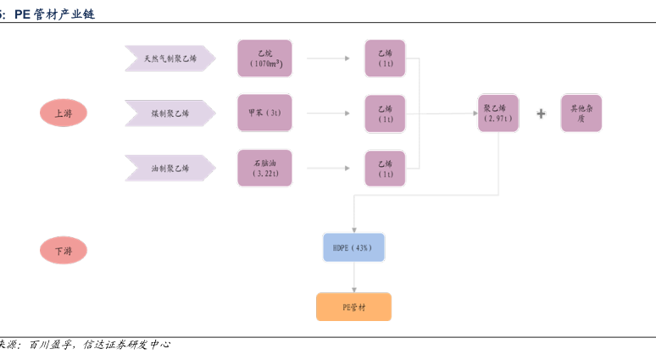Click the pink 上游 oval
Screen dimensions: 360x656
point(64,113)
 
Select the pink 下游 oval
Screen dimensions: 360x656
point(64,251)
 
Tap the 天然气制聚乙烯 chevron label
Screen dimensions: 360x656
point(170,58)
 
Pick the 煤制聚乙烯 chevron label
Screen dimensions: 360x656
point(170,113)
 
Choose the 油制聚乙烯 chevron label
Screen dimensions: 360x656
point(170,168)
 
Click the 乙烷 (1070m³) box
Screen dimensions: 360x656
point(264,58)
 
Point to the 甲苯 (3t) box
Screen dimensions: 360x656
point(264,113)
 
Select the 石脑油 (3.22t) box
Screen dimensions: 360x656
point(264,168)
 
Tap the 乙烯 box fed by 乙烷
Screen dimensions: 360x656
point(385,58)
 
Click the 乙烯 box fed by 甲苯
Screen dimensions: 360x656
point(385,113)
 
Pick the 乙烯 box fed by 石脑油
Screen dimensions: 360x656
point(385,168)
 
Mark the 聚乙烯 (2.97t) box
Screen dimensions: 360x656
point(498,113)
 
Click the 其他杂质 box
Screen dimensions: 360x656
point(581,113)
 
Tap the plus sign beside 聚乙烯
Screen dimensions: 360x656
point(541,113)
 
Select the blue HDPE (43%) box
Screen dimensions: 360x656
point(353,247)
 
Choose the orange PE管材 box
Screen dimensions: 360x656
point(353,307)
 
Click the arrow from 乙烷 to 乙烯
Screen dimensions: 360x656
point(329,58)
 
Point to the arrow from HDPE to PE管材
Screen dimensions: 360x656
point(353,277)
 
